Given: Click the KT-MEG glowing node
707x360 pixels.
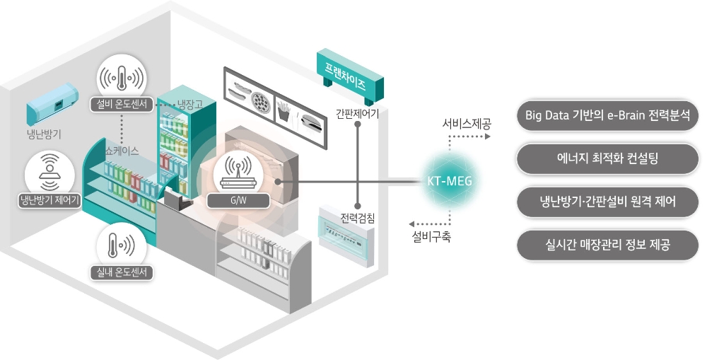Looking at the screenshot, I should pos(449,182).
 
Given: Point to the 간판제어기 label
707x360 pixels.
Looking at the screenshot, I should pos(358,112).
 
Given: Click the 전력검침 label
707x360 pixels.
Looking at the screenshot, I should pos(358,217).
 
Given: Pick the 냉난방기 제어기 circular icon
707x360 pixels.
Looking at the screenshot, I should pos(49,170).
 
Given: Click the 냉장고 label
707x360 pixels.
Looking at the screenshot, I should pos(190,105).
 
